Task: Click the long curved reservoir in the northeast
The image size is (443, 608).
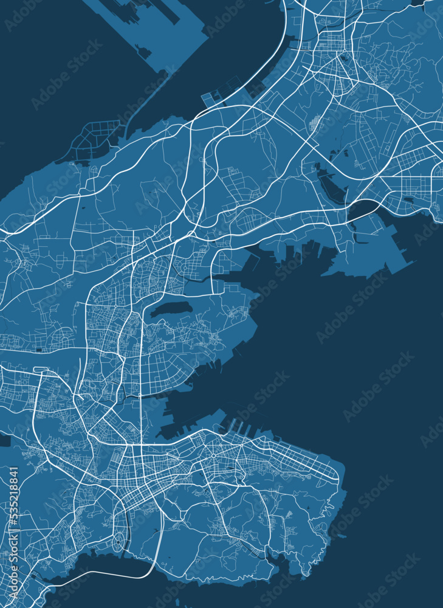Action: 332,185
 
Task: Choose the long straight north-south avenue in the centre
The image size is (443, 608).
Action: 142,365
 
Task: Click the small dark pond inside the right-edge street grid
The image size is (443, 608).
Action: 408,199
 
